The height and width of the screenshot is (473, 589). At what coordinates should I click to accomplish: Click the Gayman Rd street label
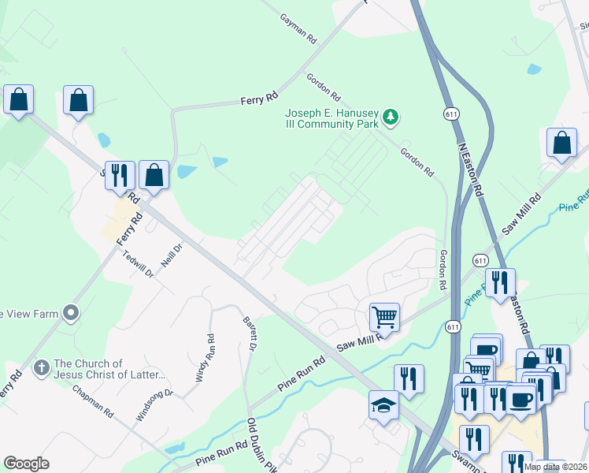299,28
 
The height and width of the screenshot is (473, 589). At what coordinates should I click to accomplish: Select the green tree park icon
391,118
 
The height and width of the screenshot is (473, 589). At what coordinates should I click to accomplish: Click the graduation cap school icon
383,405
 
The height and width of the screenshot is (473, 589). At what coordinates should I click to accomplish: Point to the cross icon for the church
41,368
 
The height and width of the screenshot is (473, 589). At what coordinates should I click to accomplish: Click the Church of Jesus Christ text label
109,369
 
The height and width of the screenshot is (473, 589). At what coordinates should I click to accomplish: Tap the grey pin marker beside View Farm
71,314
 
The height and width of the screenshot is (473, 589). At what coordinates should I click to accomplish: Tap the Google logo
26,463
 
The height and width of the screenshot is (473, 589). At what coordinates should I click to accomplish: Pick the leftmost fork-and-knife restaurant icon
120,175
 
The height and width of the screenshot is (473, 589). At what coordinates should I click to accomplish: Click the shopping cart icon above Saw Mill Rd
384,317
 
